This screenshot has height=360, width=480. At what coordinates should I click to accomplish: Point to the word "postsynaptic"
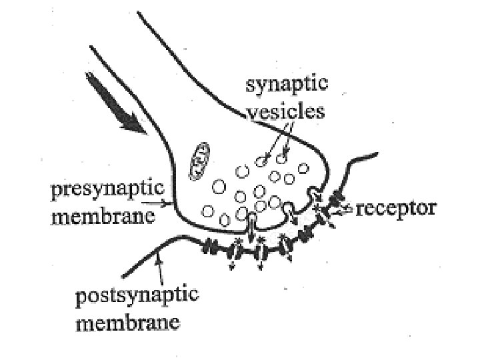point(137,295)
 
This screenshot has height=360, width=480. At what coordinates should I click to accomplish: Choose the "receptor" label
point(396,208)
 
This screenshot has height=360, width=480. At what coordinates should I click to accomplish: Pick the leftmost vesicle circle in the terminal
point(208,212)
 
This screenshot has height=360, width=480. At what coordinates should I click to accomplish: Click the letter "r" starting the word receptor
point(360,209)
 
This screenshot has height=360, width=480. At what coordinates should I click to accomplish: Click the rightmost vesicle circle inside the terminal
point(304,168)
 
